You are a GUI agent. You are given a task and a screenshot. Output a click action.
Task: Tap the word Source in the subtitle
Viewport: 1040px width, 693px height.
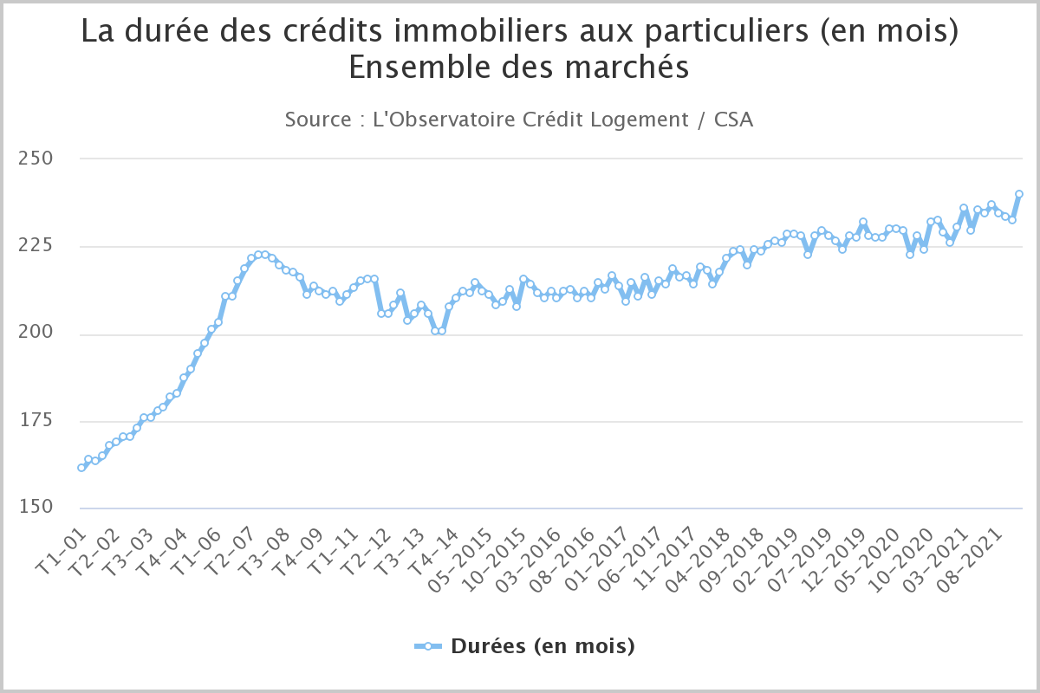[x=318, y=120]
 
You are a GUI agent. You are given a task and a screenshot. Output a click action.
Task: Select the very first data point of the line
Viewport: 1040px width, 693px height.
[x=81, y=468]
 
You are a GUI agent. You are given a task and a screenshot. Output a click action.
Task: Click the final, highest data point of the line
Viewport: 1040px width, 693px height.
[x=1019, y=194]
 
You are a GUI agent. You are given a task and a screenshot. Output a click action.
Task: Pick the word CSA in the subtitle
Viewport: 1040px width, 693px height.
[x=733, y=120]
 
